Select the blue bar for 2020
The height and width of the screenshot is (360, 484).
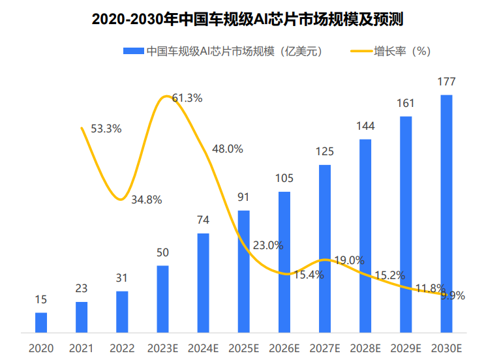[x=41, y=322]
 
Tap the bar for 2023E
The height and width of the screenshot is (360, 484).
[x=162, y=299]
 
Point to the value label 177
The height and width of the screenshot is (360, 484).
[x=447, y=82]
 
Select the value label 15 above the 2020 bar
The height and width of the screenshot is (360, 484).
[x=41, y=299]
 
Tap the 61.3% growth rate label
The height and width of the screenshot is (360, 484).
[x=187, y=98]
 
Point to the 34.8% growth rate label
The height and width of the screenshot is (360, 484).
[x=146, y=200]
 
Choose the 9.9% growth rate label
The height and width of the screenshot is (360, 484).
[x=453, y=295]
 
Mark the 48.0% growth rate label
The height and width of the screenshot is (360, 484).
[x=228, y=149]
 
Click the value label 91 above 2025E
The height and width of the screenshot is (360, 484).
[x=243, y=197]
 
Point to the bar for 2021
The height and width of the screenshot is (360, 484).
[x=82, y=317]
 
